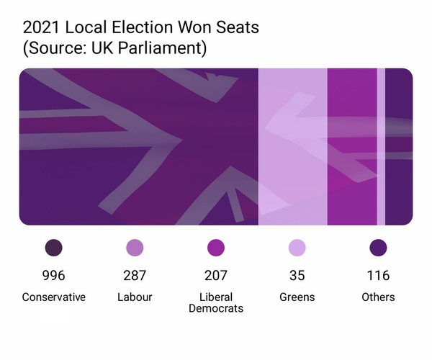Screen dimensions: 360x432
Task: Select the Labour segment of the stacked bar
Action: point(292,147)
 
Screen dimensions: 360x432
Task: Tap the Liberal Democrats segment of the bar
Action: point(352,147)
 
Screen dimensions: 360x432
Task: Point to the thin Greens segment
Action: point(381,147)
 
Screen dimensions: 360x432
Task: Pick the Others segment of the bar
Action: point(399,147)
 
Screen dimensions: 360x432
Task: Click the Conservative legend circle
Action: point(53,248)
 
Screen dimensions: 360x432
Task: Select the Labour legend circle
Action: point(135,248)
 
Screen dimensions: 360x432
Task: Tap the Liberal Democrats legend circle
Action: point(216,248)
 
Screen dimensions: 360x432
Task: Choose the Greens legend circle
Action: point(297,248)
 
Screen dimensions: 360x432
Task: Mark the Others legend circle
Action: point(378,248)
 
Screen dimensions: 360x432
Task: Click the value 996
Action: point(53,275)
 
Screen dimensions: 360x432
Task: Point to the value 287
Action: point(135,275)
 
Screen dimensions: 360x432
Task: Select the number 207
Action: point(216,275)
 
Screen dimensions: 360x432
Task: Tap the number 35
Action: point(297,275)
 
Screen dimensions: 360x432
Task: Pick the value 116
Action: point(378,275)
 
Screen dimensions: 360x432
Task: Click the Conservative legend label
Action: point(53,297)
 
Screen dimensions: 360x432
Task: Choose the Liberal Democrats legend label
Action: point(216,302)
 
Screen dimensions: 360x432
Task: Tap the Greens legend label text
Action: point(297,297)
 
